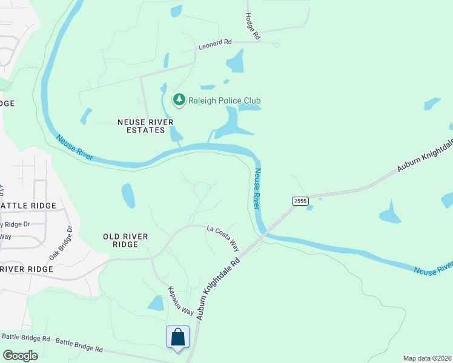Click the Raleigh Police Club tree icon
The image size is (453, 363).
click(179, 100)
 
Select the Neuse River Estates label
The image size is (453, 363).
click(141, 126)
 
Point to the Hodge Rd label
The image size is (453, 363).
click(252, 27)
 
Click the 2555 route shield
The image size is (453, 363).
click(300, 200)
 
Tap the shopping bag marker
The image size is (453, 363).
click(177, 337)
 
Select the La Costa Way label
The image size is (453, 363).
click(223, 237)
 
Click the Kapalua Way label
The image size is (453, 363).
click(180, 301)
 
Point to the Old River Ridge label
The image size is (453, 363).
click(129, 240)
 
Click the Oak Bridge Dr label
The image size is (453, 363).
click(61, 243)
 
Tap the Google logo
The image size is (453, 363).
click(20, 356)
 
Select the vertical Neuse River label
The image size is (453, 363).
click(258, 189)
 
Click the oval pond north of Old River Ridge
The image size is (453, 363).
click(128, 195)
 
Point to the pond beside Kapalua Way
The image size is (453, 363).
click(156, 303)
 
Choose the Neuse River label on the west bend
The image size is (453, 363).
click(75, 148)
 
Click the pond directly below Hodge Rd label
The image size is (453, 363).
click(235, 61)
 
